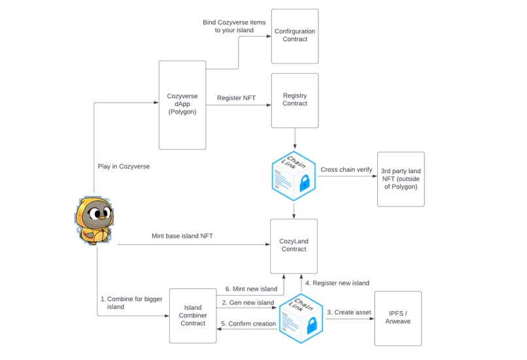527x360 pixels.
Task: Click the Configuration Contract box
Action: pos(295,36)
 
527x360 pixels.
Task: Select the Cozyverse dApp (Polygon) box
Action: pos(182,105)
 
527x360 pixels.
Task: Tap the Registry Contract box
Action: pos(295,100)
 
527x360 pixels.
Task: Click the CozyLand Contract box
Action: pos(294,246)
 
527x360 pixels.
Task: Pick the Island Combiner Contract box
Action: pos(193,316)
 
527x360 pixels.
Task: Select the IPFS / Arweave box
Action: pos(398,318)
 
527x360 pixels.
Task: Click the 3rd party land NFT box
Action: pos(401,178)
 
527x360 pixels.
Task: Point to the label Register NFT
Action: pos(236,99)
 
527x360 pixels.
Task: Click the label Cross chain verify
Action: pos(346,170)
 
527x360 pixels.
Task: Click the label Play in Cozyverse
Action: pos(124,167)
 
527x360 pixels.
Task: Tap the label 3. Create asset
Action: pos(348,312)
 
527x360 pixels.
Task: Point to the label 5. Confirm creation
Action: pos(248,323)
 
